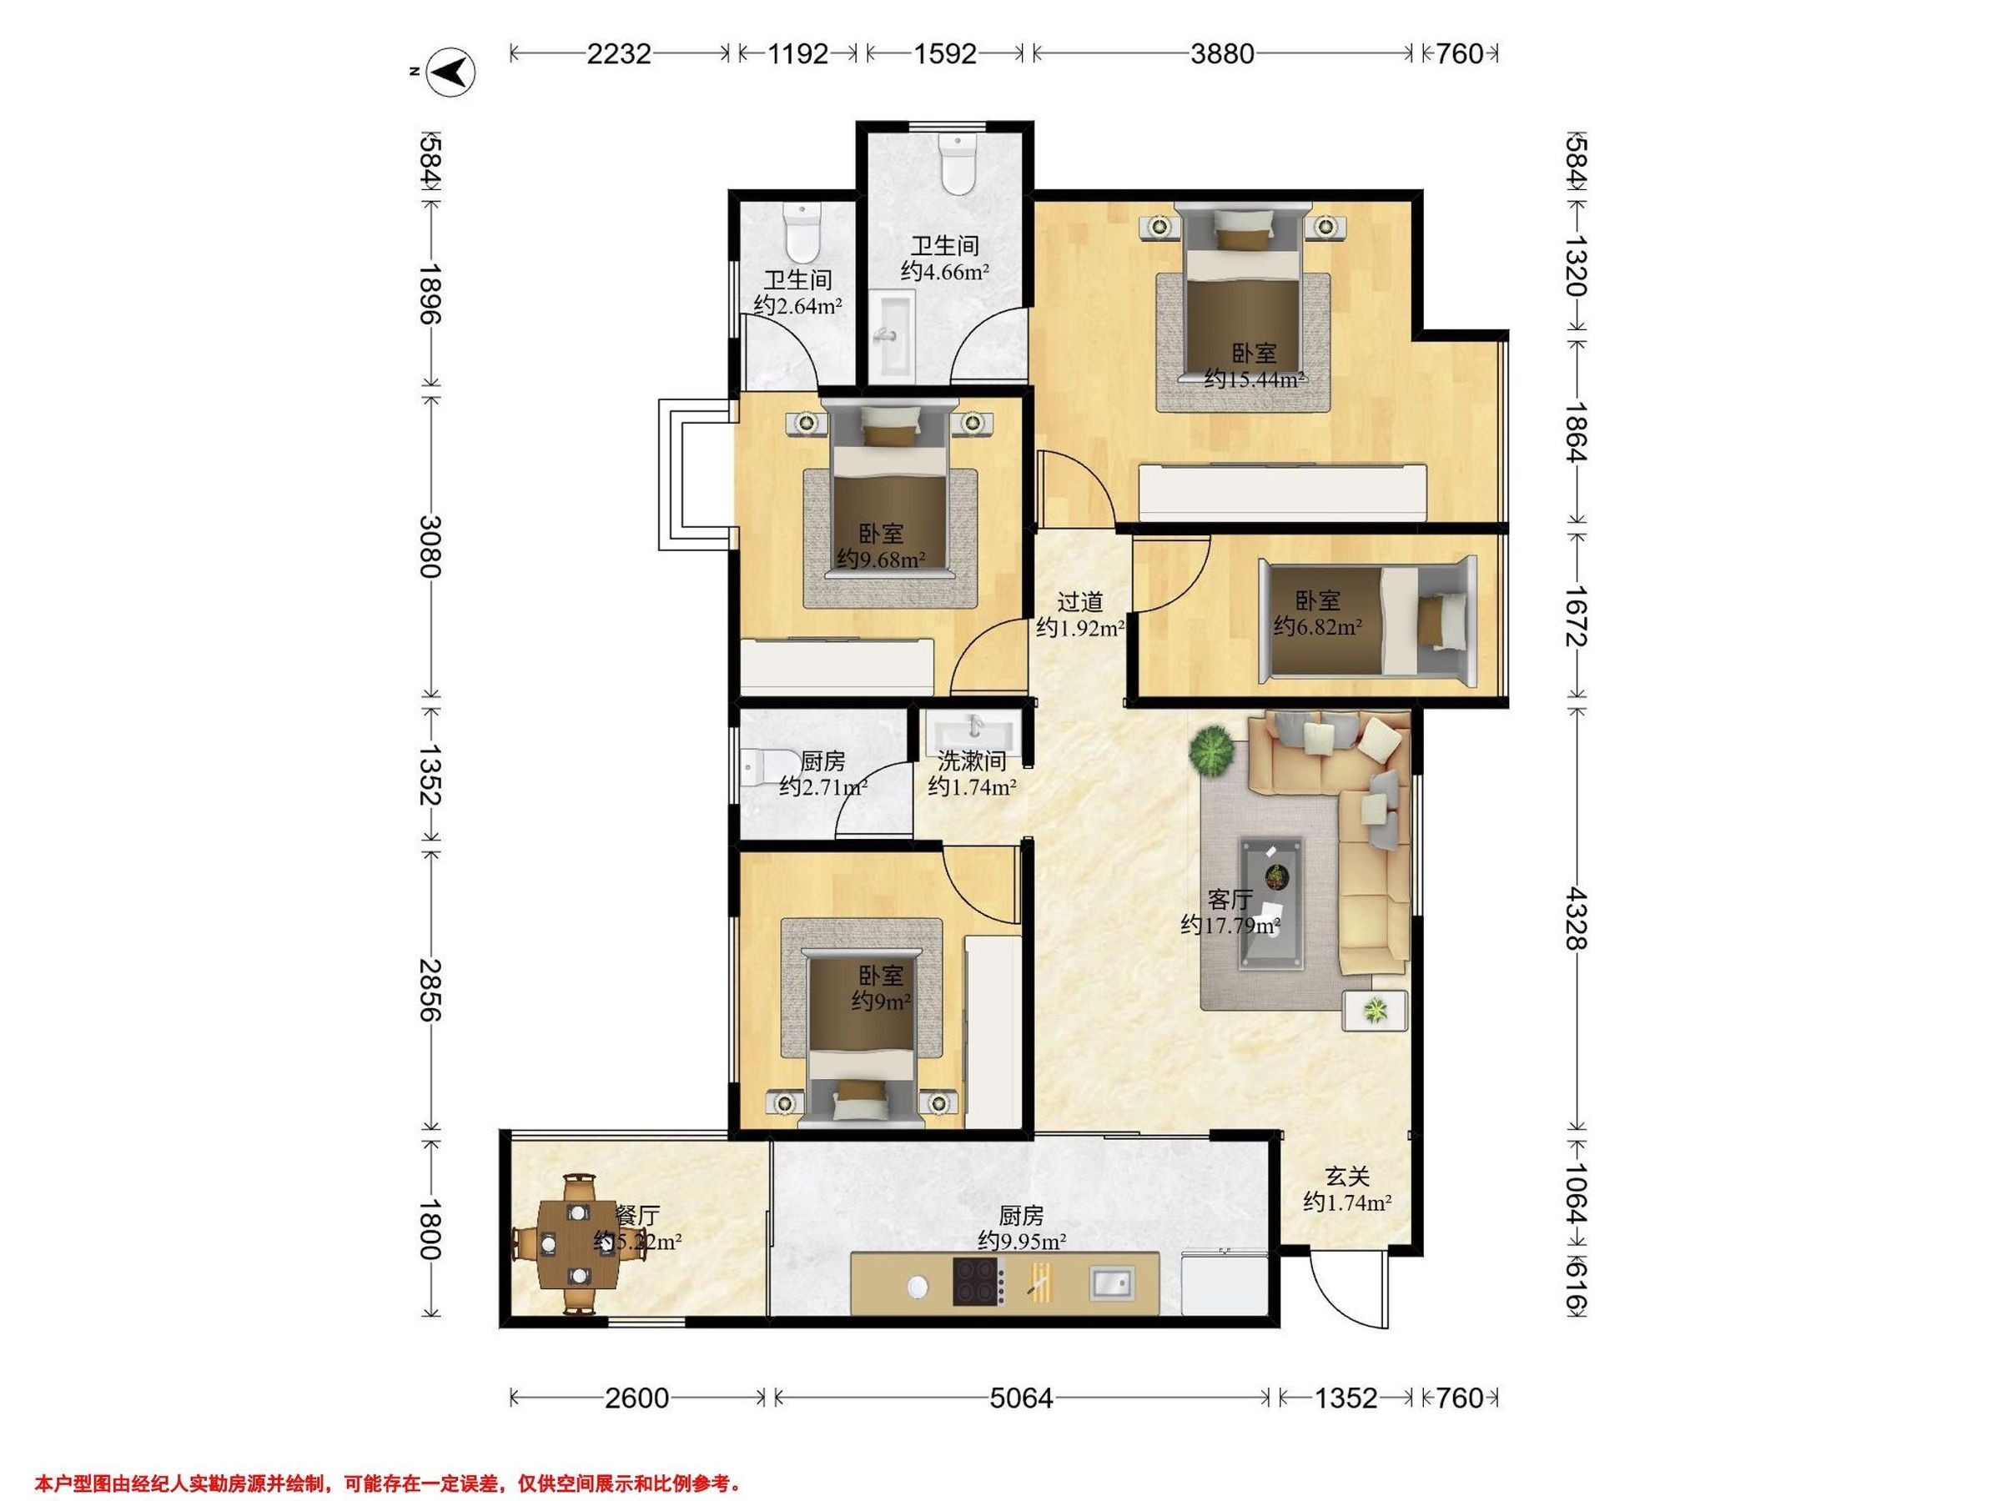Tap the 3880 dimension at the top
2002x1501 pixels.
[1222, 54]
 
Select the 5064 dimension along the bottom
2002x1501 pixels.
[1021, 1398]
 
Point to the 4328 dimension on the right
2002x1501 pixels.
[1576, 918]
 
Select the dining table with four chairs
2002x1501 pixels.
[578, 1243]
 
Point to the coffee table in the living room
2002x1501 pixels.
[1272, 891]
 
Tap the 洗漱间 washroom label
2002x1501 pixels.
[971, 761]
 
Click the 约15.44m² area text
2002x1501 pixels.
[1254, 380]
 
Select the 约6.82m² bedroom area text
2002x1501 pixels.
[1318, 626]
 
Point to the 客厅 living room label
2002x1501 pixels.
[1230, 898]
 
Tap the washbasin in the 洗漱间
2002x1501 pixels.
[973, 727]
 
